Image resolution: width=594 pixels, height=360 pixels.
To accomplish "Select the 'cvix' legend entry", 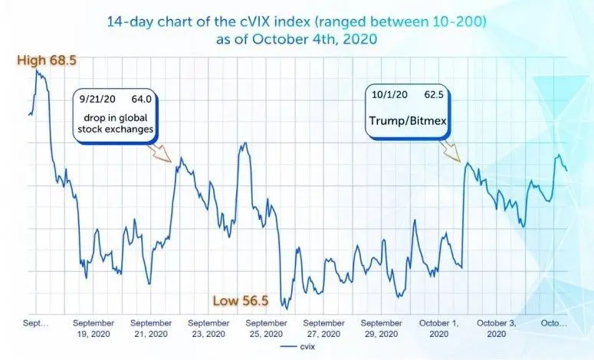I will tap(304, 346).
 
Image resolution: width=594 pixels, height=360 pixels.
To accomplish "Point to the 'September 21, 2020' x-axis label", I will tap(150, 329).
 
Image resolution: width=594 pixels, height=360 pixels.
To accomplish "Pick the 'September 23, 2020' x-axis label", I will tap(208, 329).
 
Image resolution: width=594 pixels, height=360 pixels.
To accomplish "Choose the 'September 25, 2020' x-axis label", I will tap(265, 329).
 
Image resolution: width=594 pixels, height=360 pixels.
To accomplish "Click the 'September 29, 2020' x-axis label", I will tap(381, 329).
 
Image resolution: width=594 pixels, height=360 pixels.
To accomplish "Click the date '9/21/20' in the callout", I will tap(96, 98).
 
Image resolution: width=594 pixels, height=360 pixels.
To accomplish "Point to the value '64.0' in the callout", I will tap(143, 98).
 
